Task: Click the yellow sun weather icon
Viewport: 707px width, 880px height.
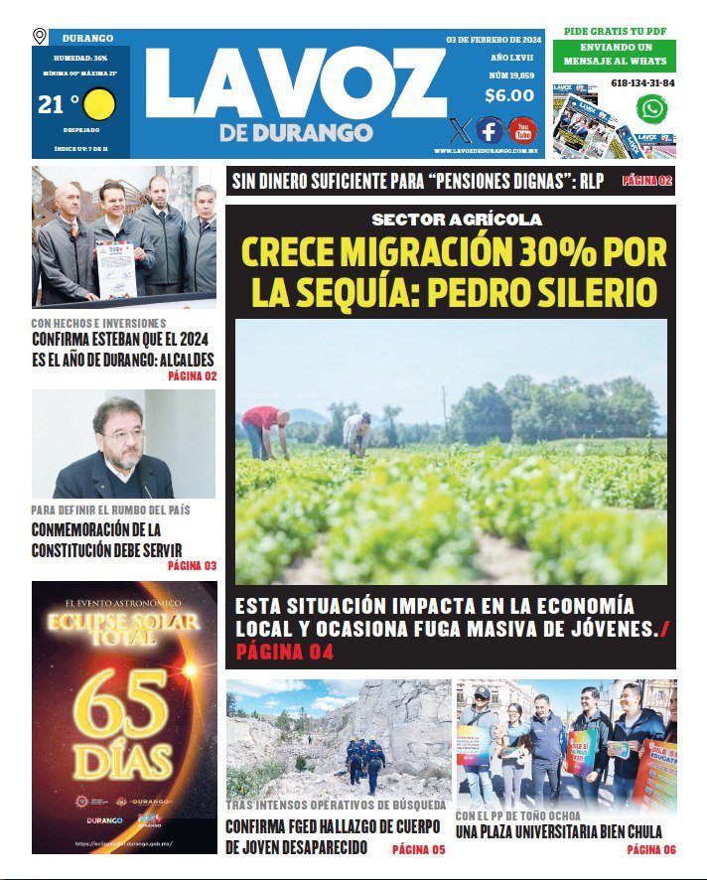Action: click(x=100, y=105)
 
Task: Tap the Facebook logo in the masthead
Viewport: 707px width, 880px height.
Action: click(x=489, y=130)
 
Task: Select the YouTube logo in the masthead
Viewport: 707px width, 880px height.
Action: click(x=522, y=130)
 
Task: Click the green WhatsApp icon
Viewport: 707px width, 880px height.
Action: click(x=651, y=108)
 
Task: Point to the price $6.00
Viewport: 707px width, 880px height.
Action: click(x=509, y=96)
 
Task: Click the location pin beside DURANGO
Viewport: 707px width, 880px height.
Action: click(x=40, y=37)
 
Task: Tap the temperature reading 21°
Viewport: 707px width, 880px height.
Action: click(x=58, y=104)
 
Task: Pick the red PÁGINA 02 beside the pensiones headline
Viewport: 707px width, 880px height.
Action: click(x=647, y=181)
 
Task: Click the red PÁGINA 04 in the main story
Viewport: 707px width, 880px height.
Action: click(x=284, y=653)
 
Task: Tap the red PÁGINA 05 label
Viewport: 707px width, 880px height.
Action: click(x=418, y=849)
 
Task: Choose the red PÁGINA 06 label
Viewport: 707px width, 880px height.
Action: click(x=650, y=849)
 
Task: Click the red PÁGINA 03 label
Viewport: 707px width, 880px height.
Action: click(x=192, y=566)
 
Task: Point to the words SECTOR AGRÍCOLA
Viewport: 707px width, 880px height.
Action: click(x=456, y=220)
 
